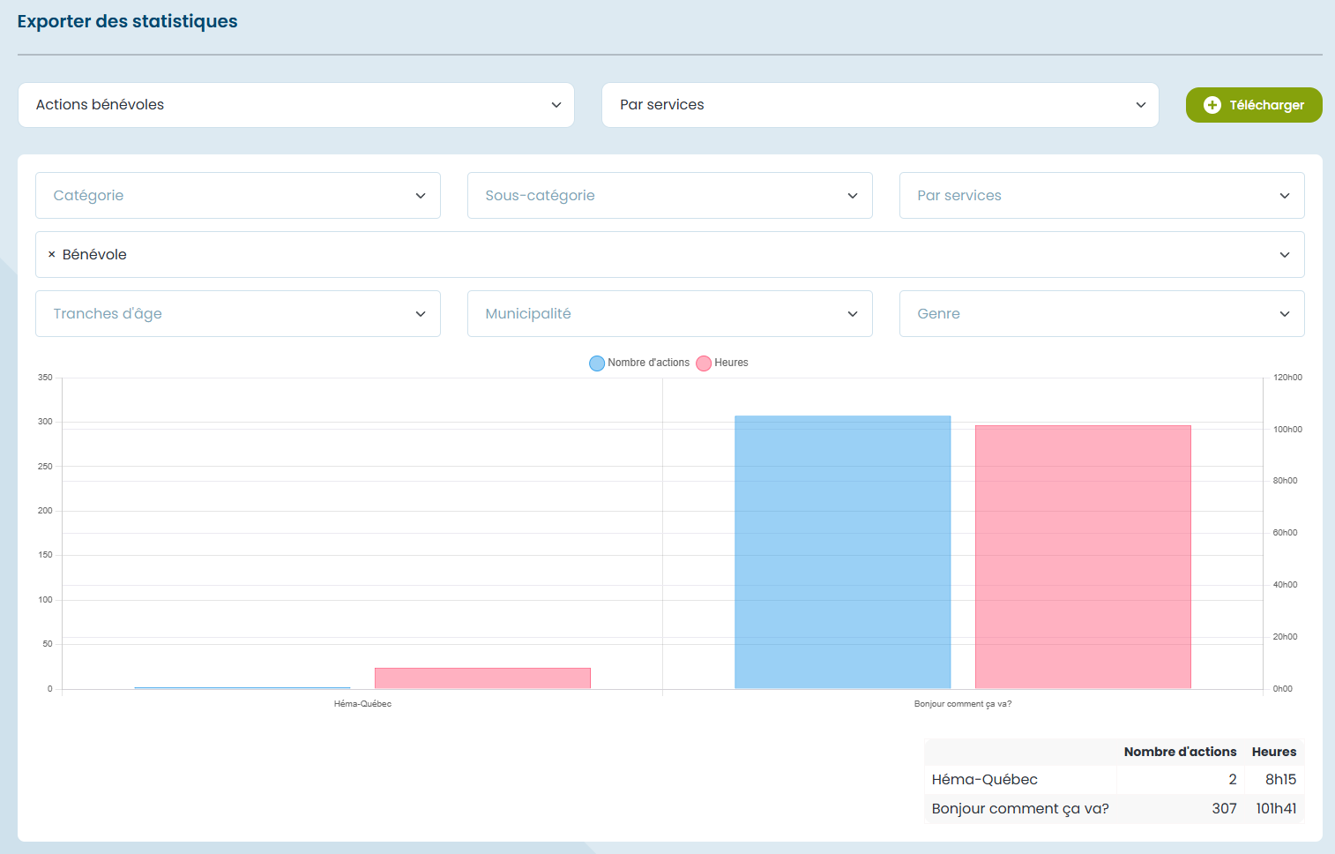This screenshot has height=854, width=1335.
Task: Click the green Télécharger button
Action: (x=1253, y=105)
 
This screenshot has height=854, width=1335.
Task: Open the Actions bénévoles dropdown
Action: (x=295, y=105)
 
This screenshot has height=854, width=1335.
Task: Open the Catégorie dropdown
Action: (x=237, y=196)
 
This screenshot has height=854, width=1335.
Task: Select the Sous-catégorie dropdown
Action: (x=669, y=196)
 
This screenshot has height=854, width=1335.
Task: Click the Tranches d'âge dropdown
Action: (x=237, y=314)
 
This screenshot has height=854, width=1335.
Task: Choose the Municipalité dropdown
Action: (x=669, y=314)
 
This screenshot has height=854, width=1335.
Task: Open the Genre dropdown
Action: (x=1101, y=314)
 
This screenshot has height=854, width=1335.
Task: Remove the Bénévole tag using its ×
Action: (x=51, y=255)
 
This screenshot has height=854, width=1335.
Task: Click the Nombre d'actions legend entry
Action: (x=639, y=363)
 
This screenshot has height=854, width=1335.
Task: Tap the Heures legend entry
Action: (x=722, y=363)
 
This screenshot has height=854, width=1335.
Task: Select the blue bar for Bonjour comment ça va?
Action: (x=842, y=551)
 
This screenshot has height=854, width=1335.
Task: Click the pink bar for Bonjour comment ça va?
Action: (x=1083, y=557)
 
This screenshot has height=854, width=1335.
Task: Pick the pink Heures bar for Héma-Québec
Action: (x=482, y=678)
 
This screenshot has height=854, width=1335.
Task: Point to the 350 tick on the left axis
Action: (x=45, y=378)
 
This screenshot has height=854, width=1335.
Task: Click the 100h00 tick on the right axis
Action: (x=1287, y=430)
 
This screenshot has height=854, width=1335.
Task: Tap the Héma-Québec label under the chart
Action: (x=362, y=704)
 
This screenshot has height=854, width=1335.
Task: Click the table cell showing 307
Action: (x=1224, y=809)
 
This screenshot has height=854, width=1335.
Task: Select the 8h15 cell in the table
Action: (x=1280, y=780)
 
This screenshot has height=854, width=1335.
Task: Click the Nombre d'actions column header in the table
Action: (x=1180, y=752)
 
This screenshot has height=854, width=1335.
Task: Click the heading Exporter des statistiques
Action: (x=128, y=21)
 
